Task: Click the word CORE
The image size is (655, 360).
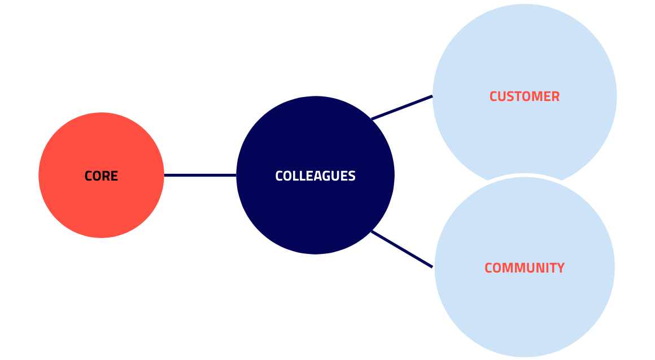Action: coord(101,176)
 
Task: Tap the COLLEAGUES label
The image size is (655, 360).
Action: coord(315,176)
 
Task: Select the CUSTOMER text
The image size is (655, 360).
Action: coord(524,96)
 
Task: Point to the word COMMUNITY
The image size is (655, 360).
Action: coord(524,268)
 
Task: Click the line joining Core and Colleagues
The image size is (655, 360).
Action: coord(200,175)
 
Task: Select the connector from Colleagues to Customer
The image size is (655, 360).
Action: coord(402,107)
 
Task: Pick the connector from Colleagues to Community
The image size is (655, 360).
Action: coord(402,249)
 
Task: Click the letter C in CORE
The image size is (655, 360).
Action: coord(88,176)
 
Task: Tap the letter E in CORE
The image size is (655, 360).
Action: coord(115,176)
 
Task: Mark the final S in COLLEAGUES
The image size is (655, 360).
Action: coord(352,176)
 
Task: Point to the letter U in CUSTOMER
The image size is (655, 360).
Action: coord(501,96)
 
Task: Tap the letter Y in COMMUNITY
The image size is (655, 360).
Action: coord(560,268)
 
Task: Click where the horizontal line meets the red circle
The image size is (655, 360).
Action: coord(164,175)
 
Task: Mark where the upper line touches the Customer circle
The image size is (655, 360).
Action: coord(432,96)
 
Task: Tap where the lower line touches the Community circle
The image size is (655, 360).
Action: coord(433,267)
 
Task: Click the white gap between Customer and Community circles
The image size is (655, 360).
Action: coord(525,175)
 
